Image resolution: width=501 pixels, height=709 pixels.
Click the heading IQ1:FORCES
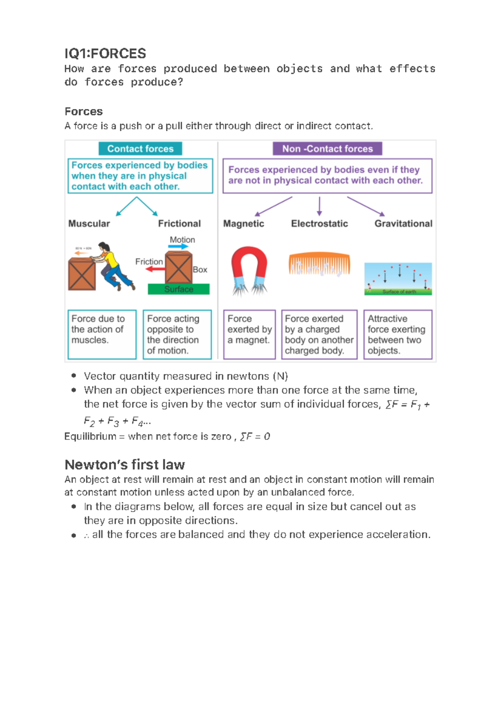tap(105, 53)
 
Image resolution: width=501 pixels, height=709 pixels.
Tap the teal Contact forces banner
tap(140, 149)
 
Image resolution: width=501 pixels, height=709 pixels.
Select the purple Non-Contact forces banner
tap(327, 149)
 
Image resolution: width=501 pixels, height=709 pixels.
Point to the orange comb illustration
tap(319, 263)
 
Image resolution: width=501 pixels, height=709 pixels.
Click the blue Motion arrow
tap(178, 247)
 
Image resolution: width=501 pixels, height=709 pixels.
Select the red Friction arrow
tap(155, 269)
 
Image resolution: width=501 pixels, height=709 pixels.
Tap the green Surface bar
tap(179, 289)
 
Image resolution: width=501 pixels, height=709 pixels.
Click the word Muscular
tap(89, 223)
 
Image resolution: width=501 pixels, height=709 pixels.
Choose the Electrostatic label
tap(319, 223)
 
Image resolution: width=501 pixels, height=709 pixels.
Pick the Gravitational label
tap(403, 223)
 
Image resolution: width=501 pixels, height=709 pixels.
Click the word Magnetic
tap(243, 223)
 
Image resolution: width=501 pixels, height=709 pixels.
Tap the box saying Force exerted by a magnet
tap(249, 334)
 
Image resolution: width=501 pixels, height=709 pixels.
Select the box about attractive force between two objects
tap(397, 334)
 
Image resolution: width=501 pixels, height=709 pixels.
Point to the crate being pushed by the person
tap(82, 274)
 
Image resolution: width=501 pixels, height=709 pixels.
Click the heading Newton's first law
tap(124, 464)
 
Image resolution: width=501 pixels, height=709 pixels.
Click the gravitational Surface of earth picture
tap(398, 279)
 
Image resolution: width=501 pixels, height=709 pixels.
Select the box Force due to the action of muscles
tap(102, 334)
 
